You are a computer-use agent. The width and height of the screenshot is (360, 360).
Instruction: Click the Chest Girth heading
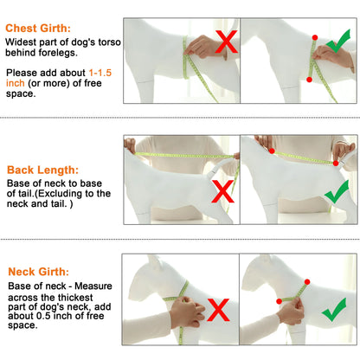point(38,29)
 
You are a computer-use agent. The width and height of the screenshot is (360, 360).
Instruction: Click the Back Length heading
point(42,170)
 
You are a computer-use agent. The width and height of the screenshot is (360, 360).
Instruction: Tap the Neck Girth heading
point(39,272)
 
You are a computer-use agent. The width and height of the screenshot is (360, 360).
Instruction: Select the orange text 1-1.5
point(100,73)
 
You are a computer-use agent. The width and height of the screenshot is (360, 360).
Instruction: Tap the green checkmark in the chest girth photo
point(338,41)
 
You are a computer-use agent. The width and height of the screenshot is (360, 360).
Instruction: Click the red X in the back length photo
point(222,191)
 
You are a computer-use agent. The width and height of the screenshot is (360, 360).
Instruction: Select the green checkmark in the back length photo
point(337,192)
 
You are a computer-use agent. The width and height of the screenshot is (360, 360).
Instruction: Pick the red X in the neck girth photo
point(218,310)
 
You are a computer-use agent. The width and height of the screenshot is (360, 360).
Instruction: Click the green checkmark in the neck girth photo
point(334,310)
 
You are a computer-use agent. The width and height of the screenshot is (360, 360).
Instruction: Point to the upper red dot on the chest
point(315,37)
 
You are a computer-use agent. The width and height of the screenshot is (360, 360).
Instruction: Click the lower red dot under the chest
point(309,80)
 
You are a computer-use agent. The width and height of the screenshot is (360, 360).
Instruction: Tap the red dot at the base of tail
point(336,164)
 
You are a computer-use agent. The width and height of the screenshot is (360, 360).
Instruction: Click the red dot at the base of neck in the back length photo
point(272,151)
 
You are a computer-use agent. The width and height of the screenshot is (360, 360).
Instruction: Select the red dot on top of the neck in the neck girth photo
point(307,282)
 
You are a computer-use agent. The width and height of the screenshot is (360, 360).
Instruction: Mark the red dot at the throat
point(279,301)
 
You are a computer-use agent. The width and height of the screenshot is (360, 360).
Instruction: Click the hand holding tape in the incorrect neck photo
point(188,312)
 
